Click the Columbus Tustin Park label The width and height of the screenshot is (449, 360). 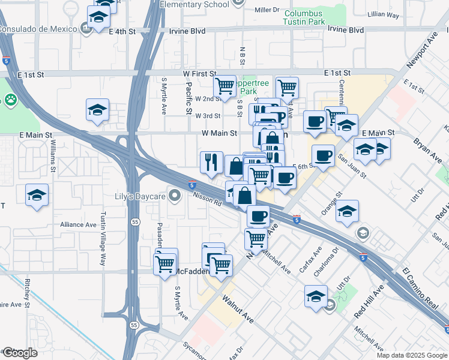304,18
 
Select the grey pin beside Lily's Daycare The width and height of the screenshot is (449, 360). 175,196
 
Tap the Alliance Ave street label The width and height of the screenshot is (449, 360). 78,224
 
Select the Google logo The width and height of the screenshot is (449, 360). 20,353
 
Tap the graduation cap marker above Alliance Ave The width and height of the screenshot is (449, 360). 37,196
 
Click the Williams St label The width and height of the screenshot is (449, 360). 53,156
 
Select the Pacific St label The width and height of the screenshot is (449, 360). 188,98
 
